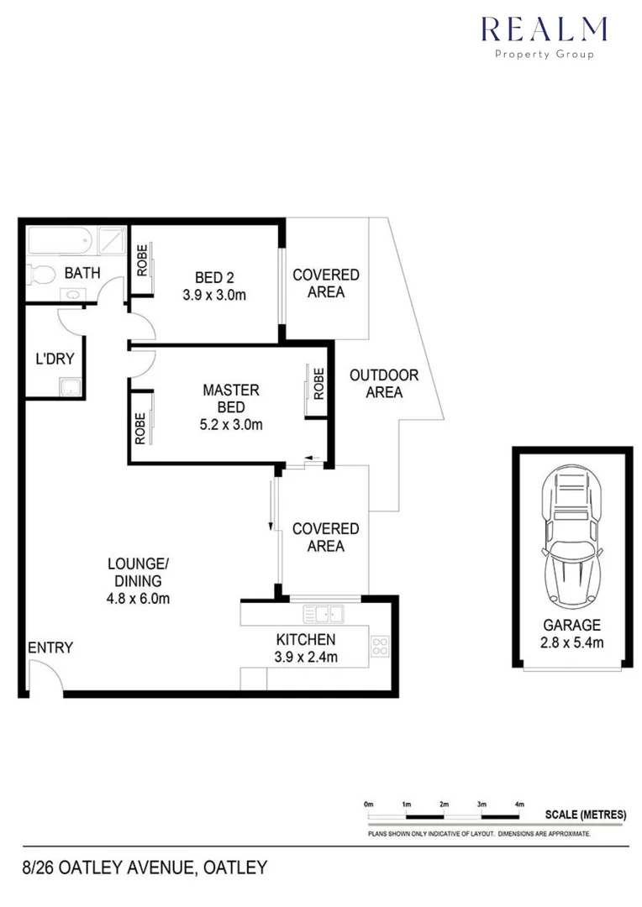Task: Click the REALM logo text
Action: [544, 29]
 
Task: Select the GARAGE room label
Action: [571, 625]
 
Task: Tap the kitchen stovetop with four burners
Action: [379, 646]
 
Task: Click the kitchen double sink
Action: [324, 613]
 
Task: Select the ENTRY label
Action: [50, 647]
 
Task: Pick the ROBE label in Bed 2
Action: [142, 260]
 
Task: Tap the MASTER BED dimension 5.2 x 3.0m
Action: [231, 424]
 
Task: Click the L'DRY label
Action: [55, 359]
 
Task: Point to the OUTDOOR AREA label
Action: [384, 383]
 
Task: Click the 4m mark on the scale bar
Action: [518, 805]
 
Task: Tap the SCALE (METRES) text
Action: [586, 815]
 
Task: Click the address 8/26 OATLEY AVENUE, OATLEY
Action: [145, 867]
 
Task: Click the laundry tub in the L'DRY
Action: [70, 387]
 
